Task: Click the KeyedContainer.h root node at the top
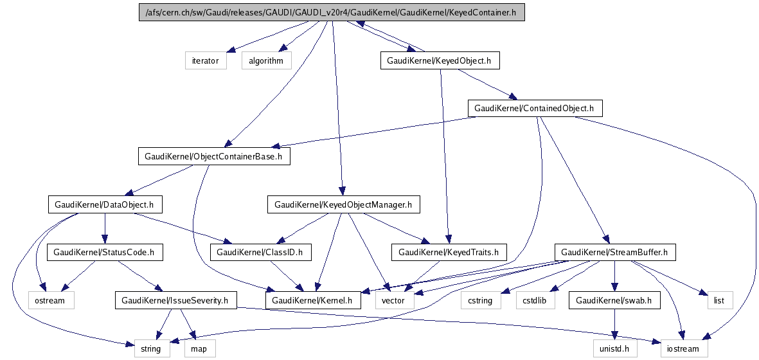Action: pyautogui.click(x=332, y=12)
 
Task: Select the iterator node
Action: pyautogui.click(x=205, y=61)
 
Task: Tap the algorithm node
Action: pyautogui.click(x=266, y=61)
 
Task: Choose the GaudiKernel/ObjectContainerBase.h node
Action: pyautogui.click(x=214, y=156)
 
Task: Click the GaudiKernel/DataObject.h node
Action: pyautogui.click(x=103, y=205)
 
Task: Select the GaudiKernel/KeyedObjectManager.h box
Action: pyautogui.click(x=343, y=205)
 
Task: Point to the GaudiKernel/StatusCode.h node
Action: pyautogui.click(x=105, y=253)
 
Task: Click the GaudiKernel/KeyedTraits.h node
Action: pyautogui.click(x=449, y=253)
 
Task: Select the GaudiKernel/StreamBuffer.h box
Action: pyautogui.click(x=615, y=253)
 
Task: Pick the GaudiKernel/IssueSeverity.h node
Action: pyautogui.click(x=175, y=300)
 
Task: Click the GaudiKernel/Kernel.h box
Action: pyautogui.click(x=314, y=300)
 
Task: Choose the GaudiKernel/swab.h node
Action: pyautogui.click(x=614, y=300)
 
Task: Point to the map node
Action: pyautogui.click(x=199, y=349)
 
